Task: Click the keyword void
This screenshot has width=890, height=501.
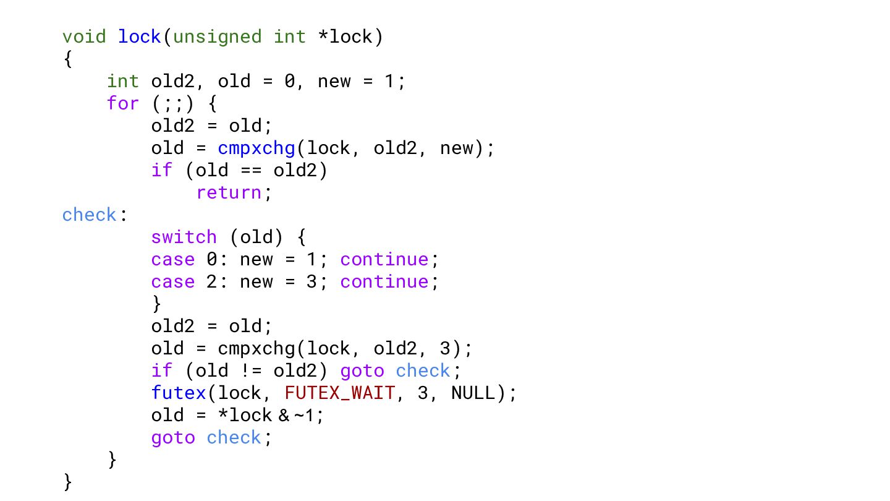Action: click(84, 36)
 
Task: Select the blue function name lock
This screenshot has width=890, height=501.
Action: click(140, 36)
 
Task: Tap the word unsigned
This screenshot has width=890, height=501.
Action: click(218, 37)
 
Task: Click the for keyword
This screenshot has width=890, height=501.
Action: click(123, 103)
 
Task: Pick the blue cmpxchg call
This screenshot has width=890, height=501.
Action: click(256, 148)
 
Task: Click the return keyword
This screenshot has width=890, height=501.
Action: click(229, 193)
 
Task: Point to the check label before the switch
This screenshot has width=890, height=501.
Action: click(89, 215)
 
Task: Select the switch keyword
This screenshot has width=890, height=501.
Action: click(184, 237)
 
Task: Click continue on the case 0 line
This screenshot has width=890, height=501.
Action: click(384, 259)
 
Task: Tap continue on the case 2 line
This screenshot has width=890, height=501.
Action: click(384, 281)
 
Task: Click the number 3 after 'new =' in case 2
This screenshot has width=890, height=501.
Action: click(311, 282)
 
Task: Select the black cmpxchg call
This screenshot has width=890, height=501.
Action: click(256, 349)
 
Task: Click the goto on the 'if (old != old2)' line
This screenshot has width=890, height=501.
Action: click(362, 371)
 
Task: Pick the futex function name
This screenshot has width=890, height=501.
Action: click(179, 393)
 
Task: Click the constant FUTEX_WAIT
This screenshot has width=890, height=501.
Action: click(340, 393)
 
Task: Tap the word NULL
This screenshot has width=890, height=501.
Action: click(473, 393)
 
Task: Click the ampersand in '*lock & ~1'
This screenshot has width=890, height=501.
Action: click(284, 416)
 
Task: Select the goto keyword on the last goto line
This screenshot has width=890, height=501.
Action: click(173, 438)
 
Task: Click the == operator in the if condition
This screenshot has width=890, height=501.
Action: click(251, 171)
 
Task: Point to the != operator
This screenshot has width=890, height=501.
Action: click(251, 370)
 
